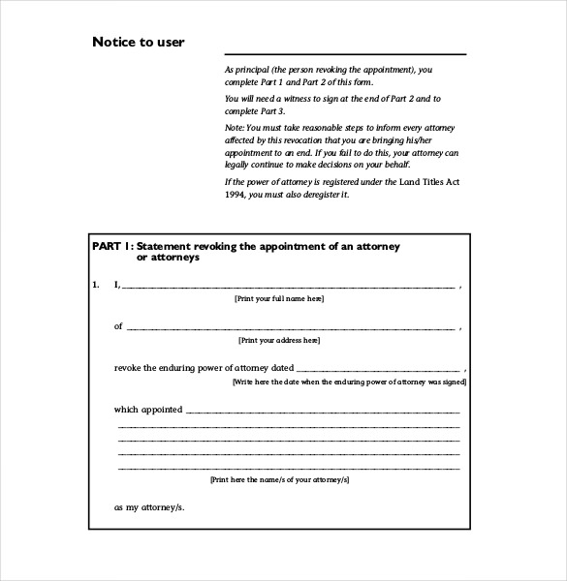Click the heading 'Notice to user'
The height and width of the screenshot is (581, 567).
138,42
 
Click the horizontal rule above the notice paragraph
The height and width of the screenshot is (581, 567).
345,54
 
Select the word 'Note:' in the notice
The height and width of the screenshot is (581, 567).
235,126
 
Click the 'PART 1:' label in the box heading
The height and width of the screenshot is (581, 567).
112,247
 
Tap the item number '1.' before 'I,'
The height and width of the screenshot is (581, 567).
96,285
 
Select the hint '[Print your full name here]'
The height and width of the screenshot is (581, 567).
279,300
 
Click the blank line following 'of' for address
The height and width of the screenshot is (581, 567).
291,329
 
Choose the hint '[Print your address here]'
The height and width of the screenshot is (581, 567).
279,341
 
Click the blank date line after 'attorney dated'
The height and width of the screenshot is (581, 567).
377,371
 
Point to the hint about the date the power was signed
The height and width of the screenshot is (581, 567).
349,382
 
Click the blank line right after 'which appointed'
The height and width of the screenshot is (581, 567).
322,412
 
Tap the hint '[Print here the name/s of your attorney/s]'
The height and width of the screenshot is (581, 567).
279,479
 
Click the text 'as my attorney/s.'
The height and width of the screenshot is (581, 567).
149,507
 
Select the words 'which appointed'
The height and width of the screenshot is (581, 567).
148,410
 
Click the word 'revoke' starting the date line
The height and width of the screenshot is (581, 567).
128,369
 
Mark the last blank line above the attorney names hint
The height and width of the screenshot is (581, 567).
288,468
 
